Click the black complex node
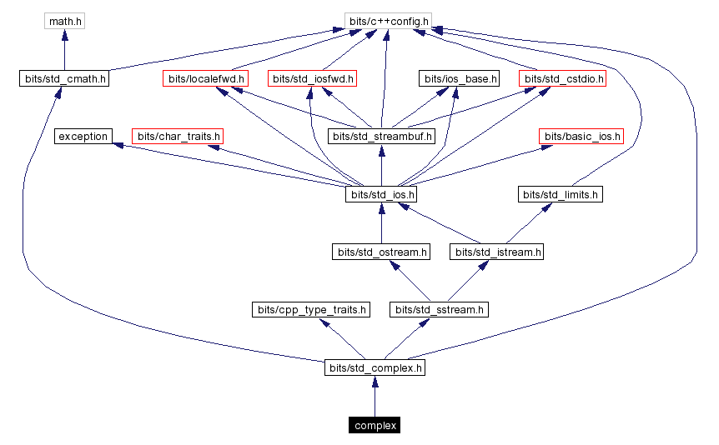[375, 425]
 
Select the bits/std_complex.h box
[375, 367]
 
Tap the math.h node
[65, 20]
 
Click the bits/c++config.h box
[387, 20]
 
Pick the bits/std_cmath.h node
[64, 79]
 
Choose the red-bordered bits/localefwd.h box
[206, 79]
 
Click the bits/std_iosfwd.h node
[313, 79]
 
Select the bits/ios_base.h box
[459, 79]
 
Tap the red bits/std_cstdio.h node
[562, 79]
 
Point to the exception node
[83, 136]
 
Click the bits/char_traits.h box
[178, 136]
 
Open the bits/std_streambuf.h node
[382, 136]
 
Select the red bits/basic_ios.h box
[581, 136]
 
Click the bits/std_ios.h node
[381, 194]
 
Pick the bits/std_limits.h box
[561, 194]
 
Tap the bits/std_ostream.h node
[381, 251]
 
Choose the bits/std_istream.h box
[496, 251]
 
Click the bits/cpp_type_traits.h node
[310, 309]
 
